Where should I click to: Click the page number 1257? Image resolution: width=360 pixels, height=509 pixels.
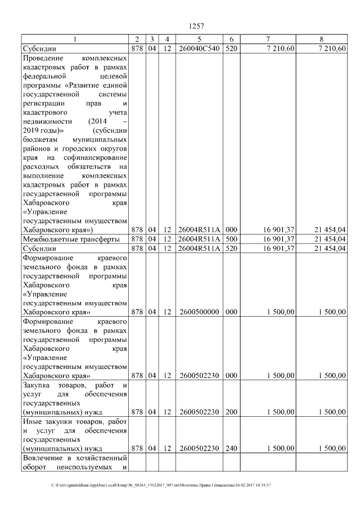tap(196, 25)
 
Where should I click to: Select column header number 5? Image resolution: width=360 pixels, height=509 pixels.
tap(200, 39)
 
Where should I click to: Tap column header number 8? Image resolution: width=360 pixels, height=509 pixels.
tap(321, 39)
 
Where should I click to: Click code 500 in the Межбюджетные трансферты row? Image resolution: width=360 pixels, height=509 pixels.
tap(231, 239)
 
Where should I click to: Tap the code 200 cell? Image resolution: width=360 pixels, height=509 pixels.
tap(231, 412)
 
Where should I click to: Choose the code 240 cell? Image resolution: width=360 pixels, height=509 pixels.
tap(231, 448)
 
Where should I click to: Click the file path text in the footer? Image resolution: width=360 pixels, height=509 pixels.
tap(161, 485)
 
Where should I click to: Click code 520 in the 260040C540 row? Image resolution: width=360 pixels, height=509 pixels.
tap(231, 48)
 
